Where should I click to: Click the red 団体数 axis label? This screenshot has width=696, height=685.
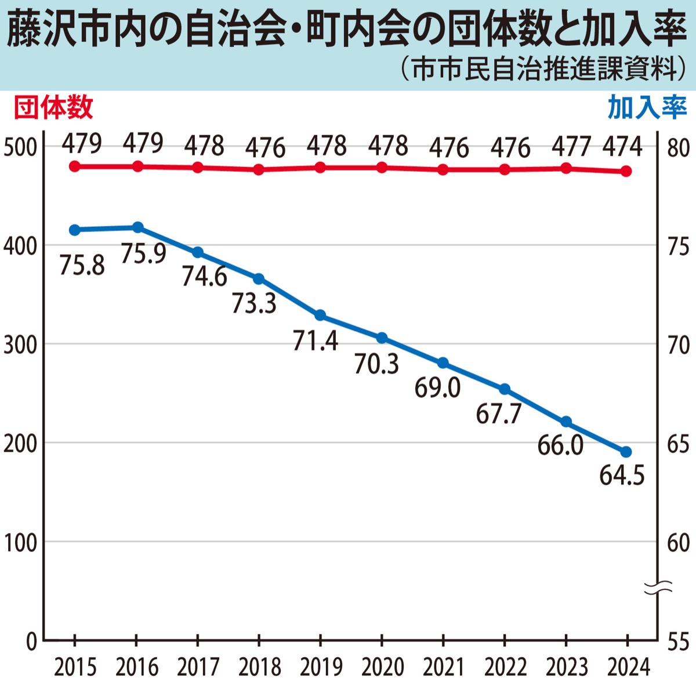[x=53, y=108]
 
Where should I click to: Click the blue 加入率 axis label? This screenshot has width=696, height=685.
[x=647, y=108]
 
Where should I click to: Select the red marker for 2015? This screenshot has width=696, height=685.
[x=75, y=166]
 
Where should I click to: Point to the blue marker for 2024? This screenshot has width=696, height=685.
[x=626, y=452]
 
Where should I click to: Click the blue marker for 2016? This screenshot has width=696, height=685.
[x=137, y=227]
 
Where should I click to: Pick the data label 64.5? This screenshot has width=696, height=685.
[x=622, y=476]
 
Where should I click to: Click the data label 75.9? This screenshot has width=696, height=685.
[x=143, y=253]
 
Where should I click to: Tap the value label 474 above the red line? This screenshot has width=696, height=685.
[x=622, y=146]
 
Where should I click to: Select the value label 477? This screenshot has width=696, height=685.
[x=571, y=146]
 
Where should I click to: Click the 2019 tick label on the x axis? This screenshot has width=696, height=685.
[x=321, y=667]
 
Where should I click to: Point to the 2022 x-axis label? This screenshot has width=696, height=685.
[x=505, y=667]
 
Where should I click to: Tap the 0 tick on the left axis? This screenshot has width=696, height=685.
[x=31, y=641]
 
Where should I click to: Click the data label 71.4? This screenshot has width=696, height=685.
[x=315, y=340]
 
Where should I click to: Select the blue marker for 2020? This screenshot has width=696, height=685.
[x=382, y=338]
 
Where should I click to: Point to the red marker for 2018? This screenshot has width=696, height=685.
[x=259, y=169]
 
